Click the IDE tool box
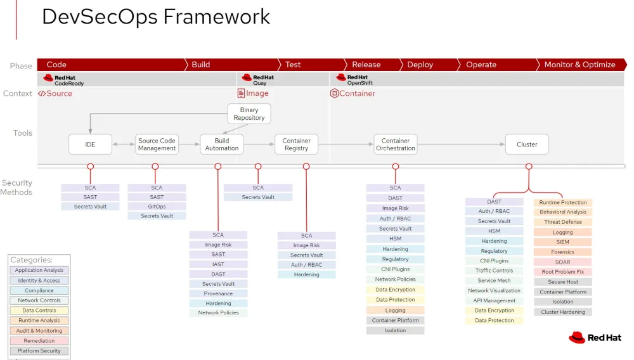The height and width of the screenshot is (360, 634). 90,145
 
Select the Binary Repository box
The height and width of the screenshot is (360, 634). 249,114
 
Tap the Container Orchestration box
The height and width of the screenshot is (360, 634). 396,145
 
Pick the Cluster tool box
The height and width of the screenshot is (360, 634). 527,145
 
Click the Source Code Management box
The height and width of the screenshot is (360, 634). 157,145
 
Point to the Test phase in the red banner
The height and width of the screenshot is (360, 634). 293,65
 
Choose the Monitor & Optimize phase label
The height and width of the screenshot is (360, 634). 579,65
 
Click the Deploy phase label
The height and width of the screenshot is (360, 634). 420,65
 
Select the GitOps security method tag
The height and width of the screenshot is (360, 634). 157,207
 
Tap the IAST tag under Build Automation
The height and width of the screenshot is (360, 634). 218,264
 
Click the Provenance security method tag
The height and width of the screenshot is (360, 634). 218,293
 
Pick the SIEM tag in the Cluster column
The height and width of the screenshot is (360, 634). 562,242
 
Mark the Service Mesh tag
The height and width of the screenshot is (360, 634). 494,281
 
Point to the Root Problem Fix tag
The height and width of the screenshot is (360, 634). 562,272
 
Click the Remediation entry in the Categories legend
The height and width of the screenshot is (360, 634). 39,341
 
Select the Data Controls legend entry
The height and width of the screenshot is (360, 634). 39,311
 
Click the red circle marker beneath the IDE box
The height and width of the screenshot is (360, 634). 90,166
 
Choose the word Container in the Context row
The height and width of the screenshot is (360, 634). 357,94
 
